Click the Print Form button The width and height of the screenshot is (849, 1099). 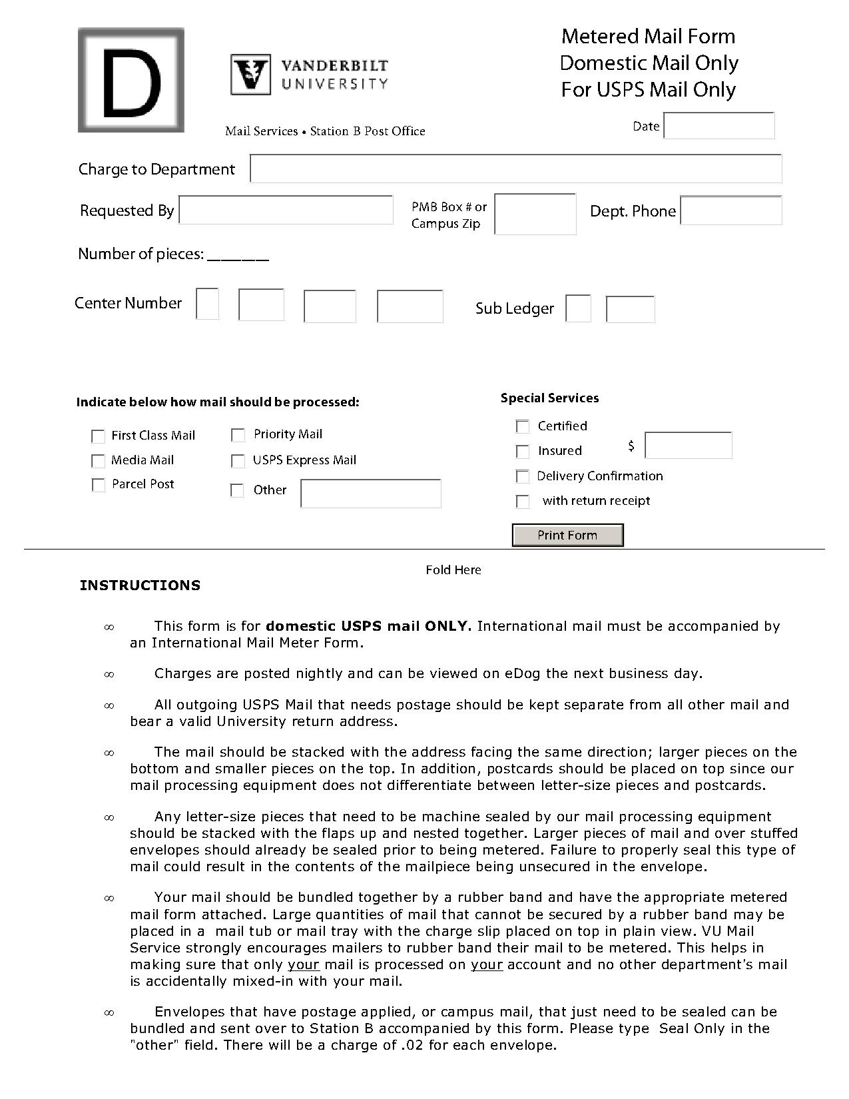[x=567, y=535]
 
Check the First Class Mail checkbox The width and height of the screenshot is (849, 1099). [x=98, y=436]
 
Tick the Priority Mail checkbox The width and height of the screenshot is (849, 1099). [x=238, y=435]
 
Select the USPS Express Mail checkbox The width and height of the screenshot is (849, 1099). [x=238, y=461]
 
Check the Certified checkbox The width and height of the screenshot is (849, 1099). [x=523, y=426]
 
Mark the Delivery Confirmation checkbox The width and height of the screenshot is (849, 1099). [x=523, y=476]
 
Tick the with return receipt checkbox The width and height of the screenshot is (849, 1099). [x=523, y=502]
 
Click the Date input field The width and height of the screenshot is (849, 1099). [x=719, y=125]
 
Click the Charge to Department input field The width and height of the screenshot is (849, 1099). [x=515, y=169]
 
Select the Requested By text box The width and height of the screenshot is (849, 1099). [x=286, y=210]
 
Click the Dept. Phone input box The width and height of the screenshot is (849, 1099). [x=730, y=210]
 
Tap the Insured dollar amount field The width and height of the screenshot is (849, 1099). [x=688, y=445]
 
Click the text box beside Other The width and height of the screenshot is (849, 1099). [x=370, y=494]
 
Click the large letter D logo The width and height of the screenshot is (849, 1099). [x=131, y=80]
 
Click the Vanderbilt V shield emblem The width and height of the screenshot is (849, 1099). [x=251, y=74]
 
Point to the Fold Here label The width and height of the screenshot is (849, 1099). [x=453, y=569]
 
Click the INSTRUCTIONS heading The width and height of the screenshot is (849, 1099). [x=140, y=585]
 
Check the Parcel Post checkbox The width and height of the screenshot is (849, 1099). [x=98, y=485]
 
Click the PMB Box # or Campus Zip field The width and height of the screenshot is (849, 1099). [x=535, y=214]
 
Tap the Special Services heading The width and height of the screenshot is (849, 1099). [x=549, y=398]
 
